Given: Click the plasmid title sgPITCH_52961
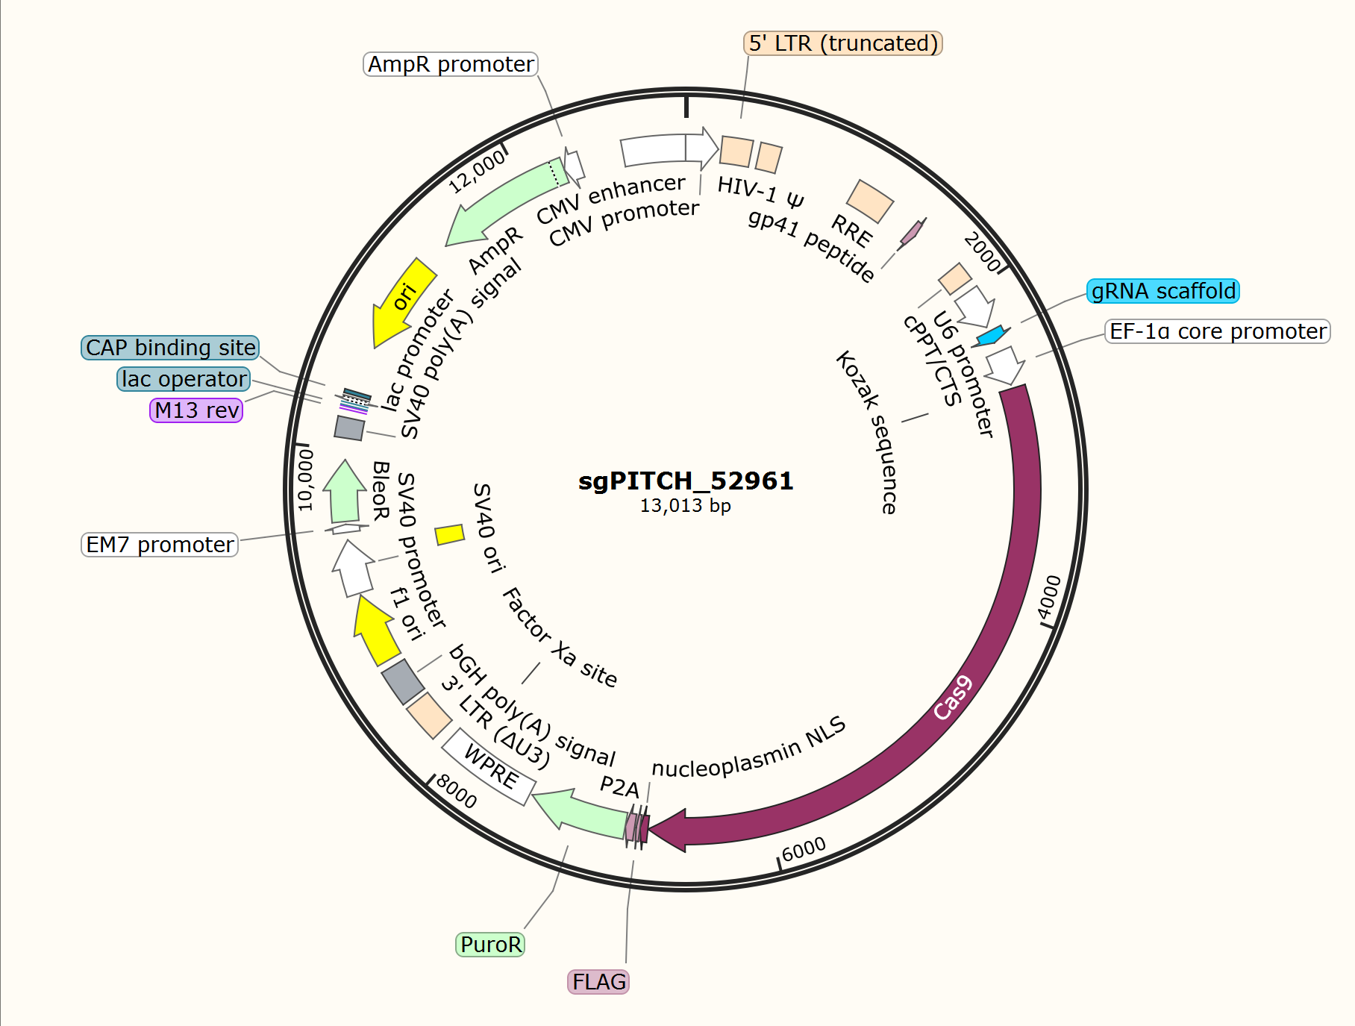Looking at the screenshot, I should (686, 481).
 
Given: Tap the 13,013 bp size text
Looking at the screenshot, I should (685, 506).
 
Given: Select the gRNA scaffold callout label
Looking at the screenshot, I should (1163, 291).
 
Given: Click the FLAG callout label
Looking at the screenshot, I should (599, 982).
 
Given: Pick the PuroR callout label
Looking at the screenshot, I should (490, 945).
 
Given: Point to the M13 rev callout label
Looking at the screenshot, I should (196, 410).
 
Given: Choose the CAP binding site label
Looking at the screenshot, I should (170, 348).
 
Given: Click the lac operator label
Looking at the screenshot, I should (184, 379).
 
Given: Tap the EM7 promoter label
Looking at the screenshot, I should (160, 545).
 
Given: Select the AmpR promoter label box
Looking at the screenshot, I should (451, 64).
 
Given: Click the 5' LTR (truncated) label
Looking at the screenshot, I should (843, 43).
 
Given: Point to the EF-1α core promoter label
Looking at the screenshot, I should (1218, 331).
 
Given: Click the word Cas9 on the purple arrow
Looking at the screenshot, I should (954, 698).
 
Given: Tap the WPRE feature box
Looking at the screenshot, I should (489, 766).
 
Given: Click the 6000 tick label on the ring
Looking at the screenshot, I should (804, 848).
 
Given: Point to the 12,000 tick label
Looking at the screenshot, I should (477, 172).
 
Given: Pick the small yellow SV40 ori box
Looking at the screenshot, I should (450, 534).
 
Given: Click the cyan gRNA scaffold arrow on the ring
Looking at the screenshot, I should (992, 336).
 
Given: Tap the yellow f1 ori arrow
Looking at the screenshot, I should (375, 628).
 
